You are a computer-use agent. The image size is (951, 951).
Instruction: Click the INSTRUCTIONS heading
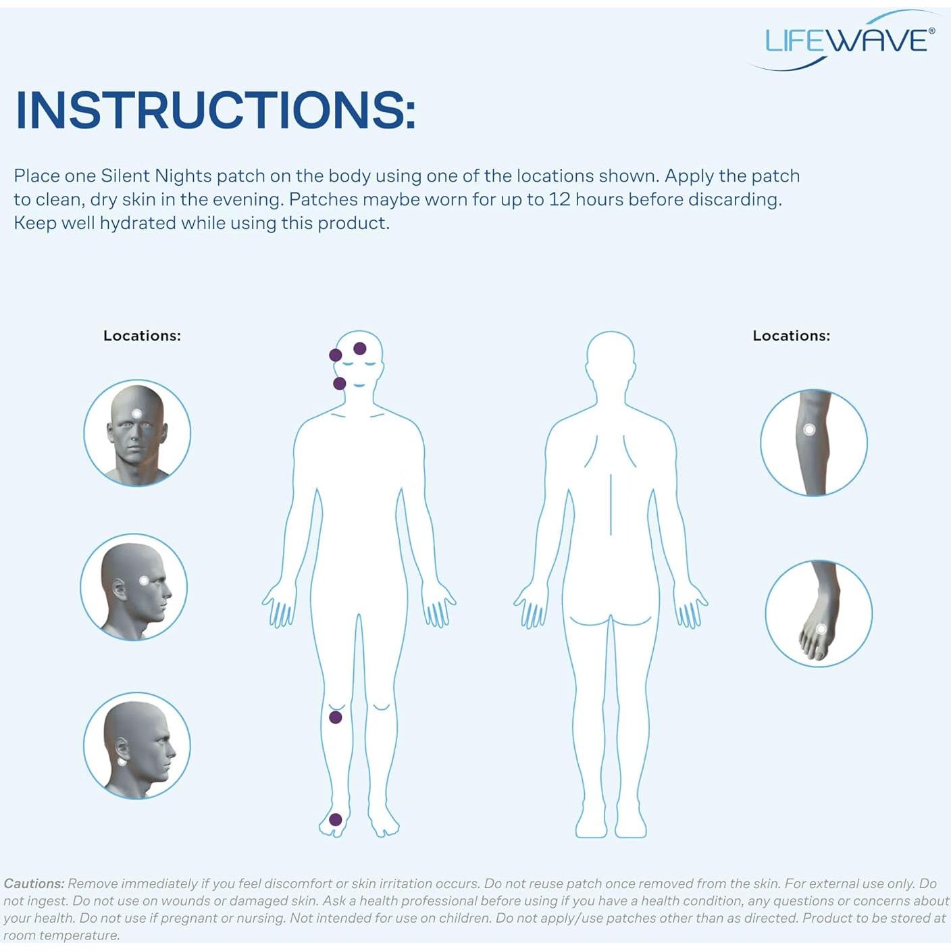[215, 109]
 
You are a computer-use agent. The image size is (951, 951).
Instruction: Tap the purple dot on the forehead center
[360, 349]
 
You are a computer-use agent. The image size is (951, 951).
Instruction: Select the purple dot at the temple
[335, 355]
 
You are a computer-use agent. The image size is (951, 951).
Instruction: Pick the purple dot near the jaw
[340, 384]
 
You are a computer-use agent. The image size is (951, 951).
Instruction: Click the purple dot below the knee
[336, 717]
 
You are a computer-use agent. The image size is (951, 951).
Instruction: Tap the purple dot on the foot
[336, 820]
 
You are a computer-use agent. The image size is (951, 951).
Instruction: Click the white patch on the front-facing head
[137, 413]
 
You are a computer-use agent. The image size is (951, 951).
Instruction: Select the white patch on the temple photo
[144, 580]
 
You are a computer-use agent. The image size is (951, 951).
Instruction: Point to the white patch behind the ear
[122, 761]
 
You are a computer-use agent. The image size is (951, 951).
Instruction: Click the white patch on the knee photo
[809, 430]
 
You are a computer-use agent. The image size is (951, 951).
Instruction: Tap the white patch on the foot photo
[821, 629]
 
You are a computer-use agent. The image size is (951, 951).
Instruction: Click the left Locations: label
[142, 336]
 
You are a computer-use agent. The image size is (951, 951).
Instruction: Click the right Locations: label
[791, 336]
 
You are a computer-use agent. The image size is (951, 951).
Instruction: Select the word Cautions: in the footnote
[34, 883]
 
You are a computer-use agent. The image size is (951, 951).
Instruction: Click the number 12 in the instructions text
[560, 199]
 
